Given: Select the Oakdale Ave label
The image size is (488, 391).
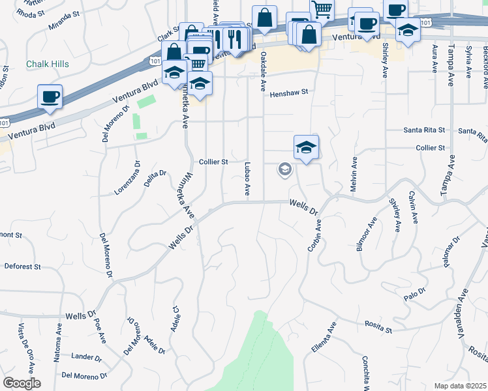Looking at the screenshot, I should tap(264, 71).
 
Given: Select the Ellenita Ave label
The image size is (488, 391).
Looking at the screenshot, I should tap(323, 339).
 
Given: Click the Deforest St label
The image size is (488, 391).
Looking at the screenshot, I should tap(23, 267).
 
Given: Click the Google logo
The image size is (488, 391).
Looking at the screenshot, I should tap(22, 383).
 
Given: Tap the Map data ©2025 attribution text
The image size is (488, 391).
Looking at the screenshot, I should tap(459, 386).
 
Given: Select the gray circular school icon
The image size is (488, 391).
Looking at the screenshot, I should tap(284, 169).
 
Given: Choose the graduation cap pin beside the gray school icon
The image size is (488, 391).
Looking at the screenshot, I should tap(305, 147).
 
